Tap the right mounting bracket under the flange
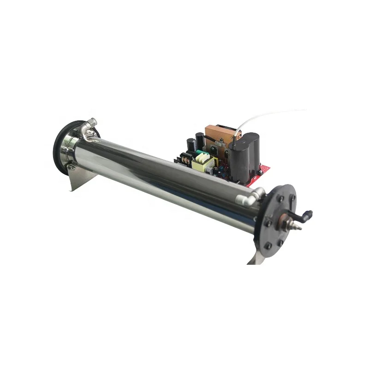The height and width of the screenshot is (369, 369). (x=255, y=258)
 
